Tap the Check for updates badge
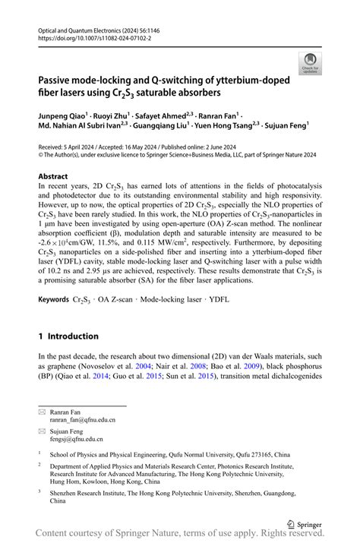click(x=310, y=64)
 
